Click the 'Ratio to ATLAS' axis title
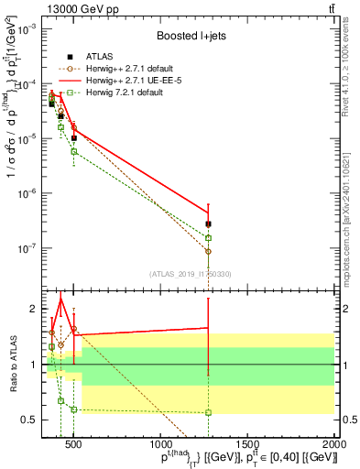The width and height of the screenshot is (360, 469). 11,363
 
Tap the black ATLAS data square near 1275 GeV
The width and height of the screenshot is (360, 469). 208,224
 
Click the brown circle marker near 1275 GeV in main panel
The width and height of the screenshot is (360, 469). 208,251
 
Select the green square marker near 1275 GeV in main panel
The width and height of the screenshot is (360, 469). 208,238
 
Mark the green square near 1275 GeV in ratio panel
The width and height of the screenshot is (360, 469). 208,412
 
